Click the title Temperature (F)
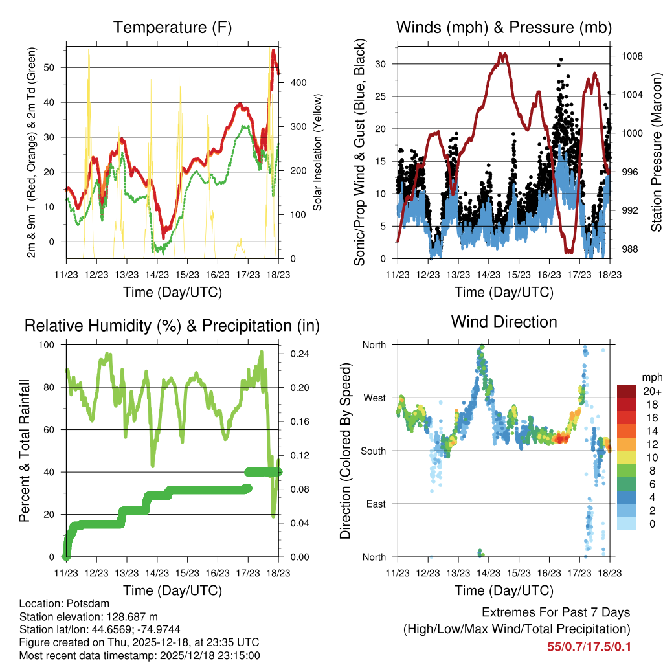click(172, 28)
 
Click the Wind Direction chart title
click(504, 322)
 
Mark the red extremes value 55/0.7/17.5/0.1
click(589, 646)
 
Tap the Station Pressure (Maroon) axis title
click(656, 153)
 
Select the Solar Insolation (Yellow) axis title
click(318, 153)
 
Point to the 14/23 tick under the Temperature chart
click(156, 275)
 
